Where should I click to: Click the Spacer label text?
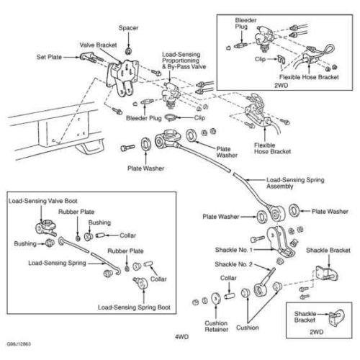(128, 28)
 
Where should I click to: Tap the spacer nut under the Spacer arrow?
(128, 51)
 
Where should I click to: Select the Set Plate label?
(49, 57)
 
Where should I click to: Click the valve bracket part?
(122, 77)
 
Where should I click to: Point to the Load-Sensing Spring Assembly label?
(295, 183)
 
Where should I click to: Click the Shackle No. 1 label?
(234, 250)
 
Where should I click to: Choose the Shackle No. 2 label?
(233, 264)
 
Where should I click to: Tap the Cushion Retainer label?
(216, 326)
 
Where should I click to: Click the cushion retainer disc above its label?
(216, 298)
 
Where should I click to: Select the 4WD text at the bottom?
(181, 337)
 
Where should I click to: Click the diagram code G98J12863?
(19, 344)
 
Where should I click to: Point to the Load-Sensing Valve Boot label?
(43, 201)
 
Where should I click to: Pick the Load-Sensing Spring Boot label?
(134, 307)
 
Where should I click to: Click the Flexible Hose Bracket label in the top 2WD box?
(309, 77)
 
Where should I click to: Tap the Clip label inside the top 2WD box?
(260, 59)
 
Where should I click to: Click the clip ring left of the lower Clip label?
(171, 118)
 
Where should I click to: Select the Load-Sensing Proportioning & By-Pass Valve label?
(184, 60)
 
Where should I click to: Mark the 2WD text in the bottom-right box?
(316, 332)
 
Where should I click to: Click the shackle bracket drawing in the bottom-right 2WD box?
(336, 318)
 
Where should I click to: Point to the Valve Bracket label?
(98, 45)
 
